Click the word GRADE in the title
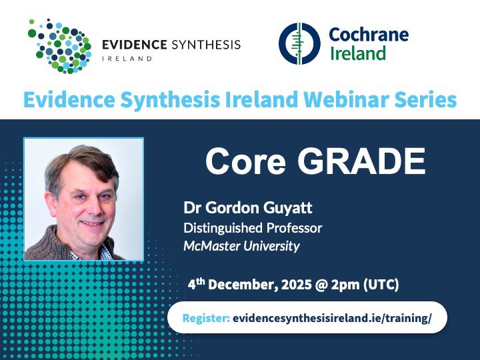[x=361, y=161]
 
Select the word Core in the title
[x=245, y=161]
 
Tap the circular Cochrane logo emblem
[x=299, y=44]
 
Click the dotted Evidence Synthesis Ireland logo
[x=60, y=46]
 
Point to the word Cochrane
[x=369, y=34]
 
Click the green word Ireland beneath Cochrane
[x=358, y=53]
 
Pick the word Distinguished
[x=223, y=229]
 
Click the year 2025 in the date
[x=296, y=285]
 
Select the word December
[x=243, y=285]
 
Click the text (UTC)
[x=381, y=285]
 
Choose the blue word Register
[x=206, y=318]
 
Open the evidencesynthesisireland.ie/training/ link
[x=332, y=318]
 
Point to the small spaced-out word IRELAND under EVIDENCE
[x=127, y=59]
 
